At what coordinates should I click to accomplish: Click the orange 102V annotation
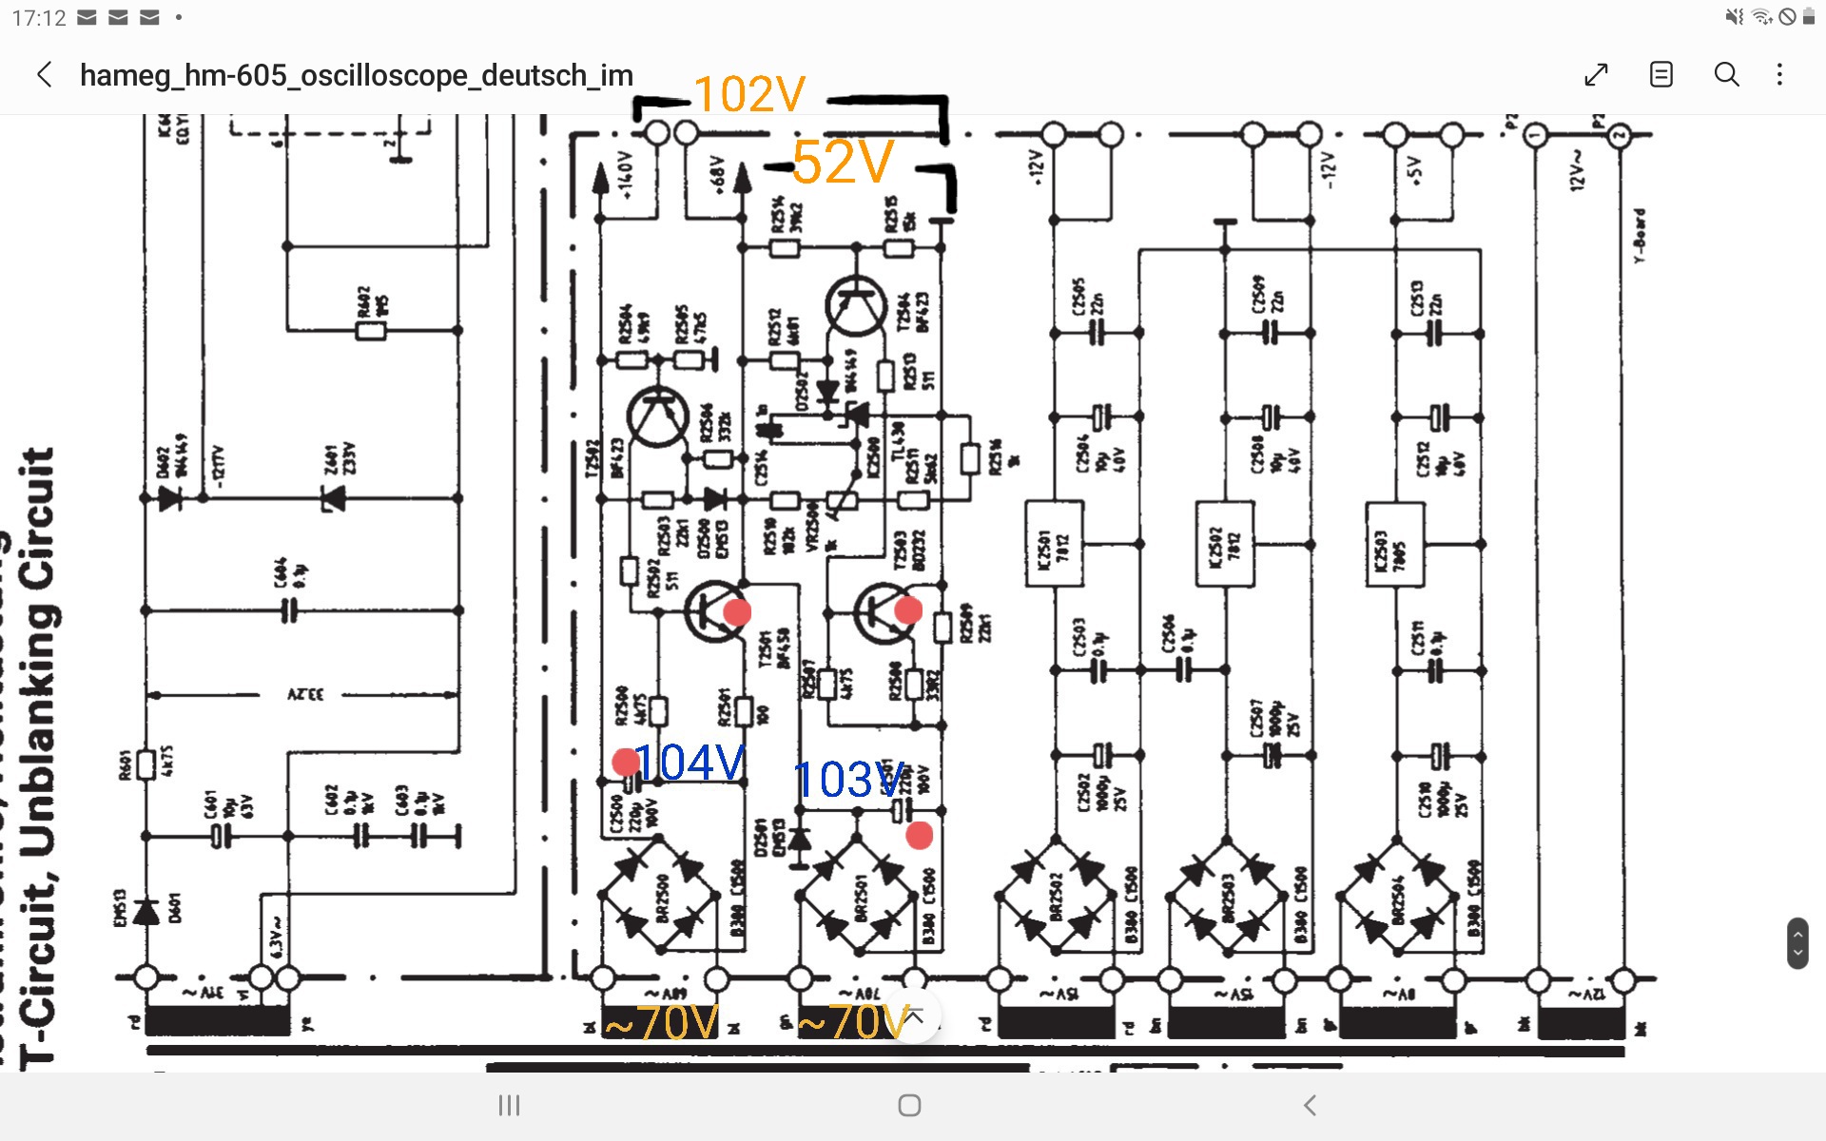click(x=749, y=94)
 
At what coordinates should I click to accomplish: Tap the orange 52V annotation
click(x=843, y=163)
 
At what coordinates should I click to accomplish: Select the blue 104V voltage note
click(x=690, y=763)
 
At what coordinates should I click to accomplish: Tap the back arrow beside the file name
click(x=45, y=75)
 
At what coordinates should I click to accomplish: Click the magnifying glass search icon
click(x=1726, y=75)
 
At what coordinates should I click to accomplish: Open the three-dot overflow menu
click(x=1780, y=75)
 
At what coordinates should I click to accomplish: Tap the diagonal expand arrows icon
click(x=1596, y=75)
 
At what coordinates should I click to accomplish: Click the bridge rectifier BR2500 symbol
click(x=659, y=895)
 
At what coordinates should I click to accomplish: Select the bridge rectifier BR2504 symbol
click(x=1396, y=895)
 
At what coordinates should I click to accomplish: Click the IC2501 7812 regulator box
click(x=1054, y=545)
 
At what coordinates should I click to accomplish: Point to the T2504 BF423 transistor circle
click(x=856, y=305)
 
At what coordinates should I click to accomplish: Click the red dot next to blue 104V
click(x=626, y=761)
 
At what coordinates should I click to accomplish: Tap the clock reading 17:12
click(x=39, y=18)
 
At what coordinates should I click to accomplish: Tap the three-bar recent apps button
click(x=510, y=1105)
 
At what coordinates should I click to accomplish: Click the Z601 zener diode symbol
click(x=332, y=497)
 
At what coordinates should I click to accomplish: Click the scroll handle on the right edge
click(x=1797, y=942)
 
